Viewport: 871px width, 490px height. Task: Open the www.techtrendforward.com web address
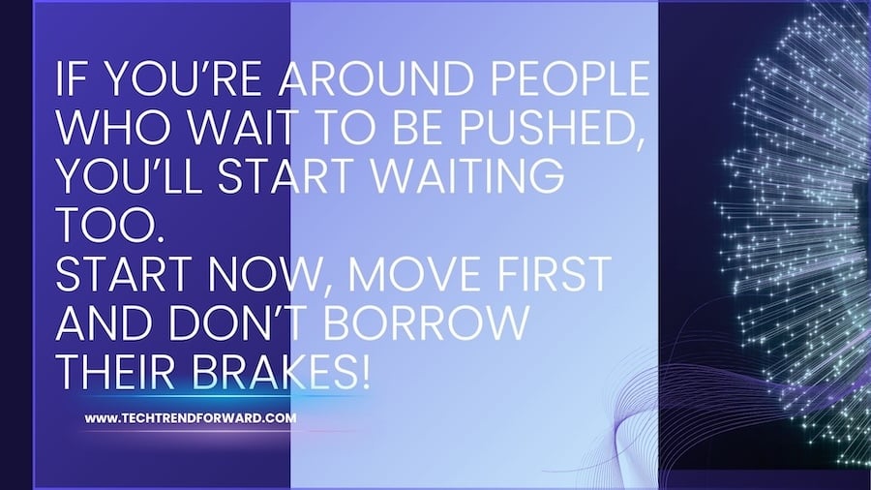pos(190,419)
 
